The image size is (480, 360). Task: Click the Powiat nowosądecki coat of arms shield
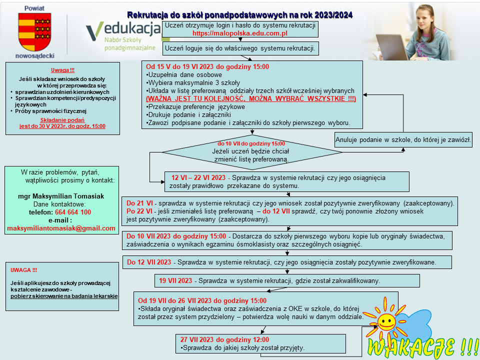click(34, 30)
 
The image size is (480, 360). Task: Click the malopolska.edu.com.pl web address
click(240, 33)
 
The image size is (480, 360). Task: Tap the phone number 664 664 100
click(69, 212)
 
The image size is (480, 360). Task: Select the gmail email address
click(61, 228)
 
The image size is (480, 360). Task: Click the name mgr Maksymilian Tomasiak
click(61, 196)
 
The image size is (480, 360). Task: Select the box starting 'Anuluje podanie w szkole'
click(403, 140)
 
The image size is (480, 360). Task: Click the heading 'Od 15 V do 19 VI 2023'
click(207, 66)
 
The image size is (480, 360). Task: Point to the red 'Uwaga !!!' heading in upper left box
click(62, 70)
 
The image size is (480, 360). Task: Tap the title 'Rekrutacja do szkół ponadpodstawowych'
click(240, 15)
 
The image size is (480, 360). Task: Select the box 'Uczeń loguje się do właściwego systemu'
click(240, 48)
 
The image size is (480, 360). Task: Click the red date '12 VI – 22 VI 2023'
click(198, 177)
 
